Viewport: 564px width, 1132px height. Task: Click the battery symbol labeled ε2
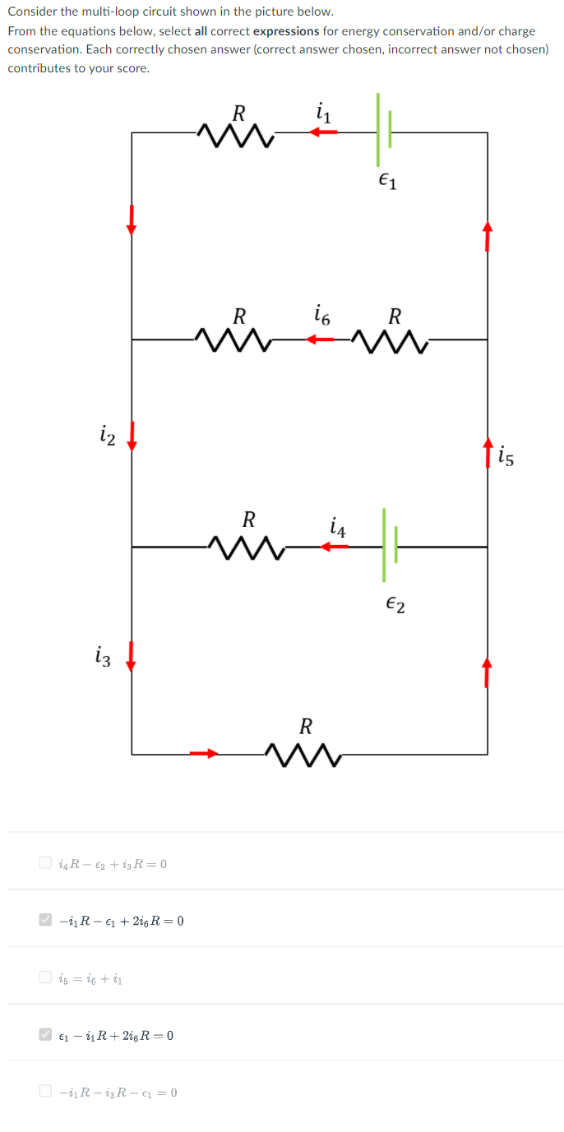[389, 545]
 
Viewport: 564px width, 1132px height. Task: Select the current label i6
[322, 314]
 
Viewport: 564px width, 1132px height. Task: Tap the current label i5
[506, 456]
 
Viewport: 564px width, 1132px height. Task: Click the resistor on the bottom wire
[303, 753]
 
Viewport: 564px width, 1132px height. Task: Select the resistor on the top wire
[236, 132]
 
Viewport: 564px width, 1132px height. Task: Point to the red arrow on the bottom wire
[204, 752]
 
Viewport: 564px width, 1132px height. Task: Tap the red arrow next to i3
[131, 658]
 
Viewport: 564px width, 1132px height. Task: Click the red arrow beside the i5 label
[488, 451]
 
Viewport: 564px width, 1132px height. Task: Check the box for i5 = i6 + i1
[45, 977]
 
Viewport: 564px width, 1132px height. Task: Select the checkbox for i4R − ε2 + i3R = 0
[45, 863]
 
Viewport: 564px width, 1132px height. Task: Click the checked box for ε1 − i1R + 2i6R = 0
[45, 1035]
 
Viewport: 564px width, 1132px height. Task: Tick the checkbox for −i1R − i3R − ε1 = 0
[45, 1092]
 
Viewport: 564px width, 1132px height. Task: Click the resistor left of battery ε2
[246, 545]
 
